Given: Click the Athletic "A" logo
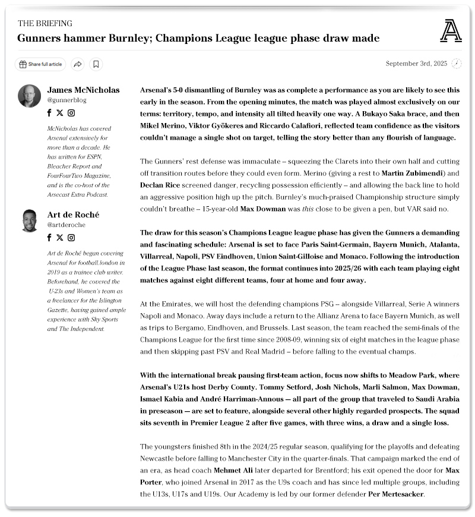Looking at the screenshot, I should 451,30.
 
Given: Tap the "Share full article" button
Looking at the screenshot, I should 40,64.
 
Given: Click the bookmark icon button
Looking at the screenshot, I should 96,64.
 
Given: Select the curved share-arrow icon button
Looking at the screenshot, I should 78,64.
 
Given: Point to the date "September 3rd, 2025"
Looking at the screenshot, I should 416,64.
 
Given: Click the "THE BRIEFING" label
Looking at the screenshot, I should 45,24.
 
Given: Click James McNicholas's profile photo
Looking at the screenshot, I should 30,96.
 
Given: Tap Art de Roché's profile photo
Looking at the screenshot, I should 30,220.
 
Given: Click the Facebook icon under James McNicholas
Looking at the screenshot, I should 50,113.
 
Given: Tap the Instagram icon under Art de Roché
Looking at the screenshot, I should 71,238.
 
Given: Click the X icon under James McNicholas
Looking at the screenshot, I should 60,113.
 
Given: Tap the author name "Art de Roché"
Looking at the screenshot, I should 73,215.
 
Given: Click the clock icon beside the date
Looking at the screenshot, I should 457,64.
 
